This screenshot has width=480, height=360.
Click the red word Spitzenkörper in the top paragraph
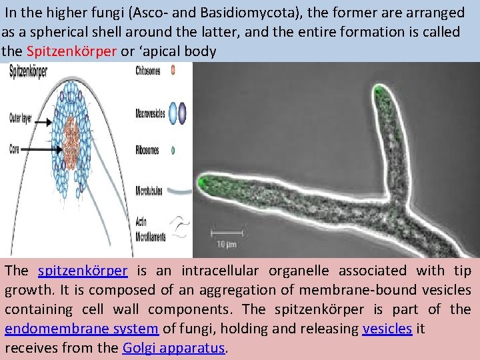click(x=71, y=51)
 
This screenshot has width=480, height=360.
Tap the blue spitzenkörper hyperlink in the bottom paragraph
click(x=83, y=271)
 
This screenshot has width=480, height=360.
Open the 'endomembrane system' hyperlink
click(x=81, y=328)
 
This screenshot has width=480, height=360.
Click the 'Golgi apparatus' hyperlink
click(x=175, y=347)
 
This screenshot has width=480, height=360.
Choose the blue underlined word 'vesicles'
click(x=387, y=328)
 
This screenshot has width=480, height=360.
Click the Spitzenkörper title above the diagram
click(x=27, y=71)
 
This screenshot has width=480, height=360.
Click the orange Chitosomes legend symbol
click(x=173, y=69)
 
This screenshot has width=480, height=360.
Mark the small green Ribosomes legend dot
click(x=173, y=151)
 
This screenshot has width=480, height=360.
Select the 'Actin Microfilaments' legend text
click(x=147, y=227)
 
